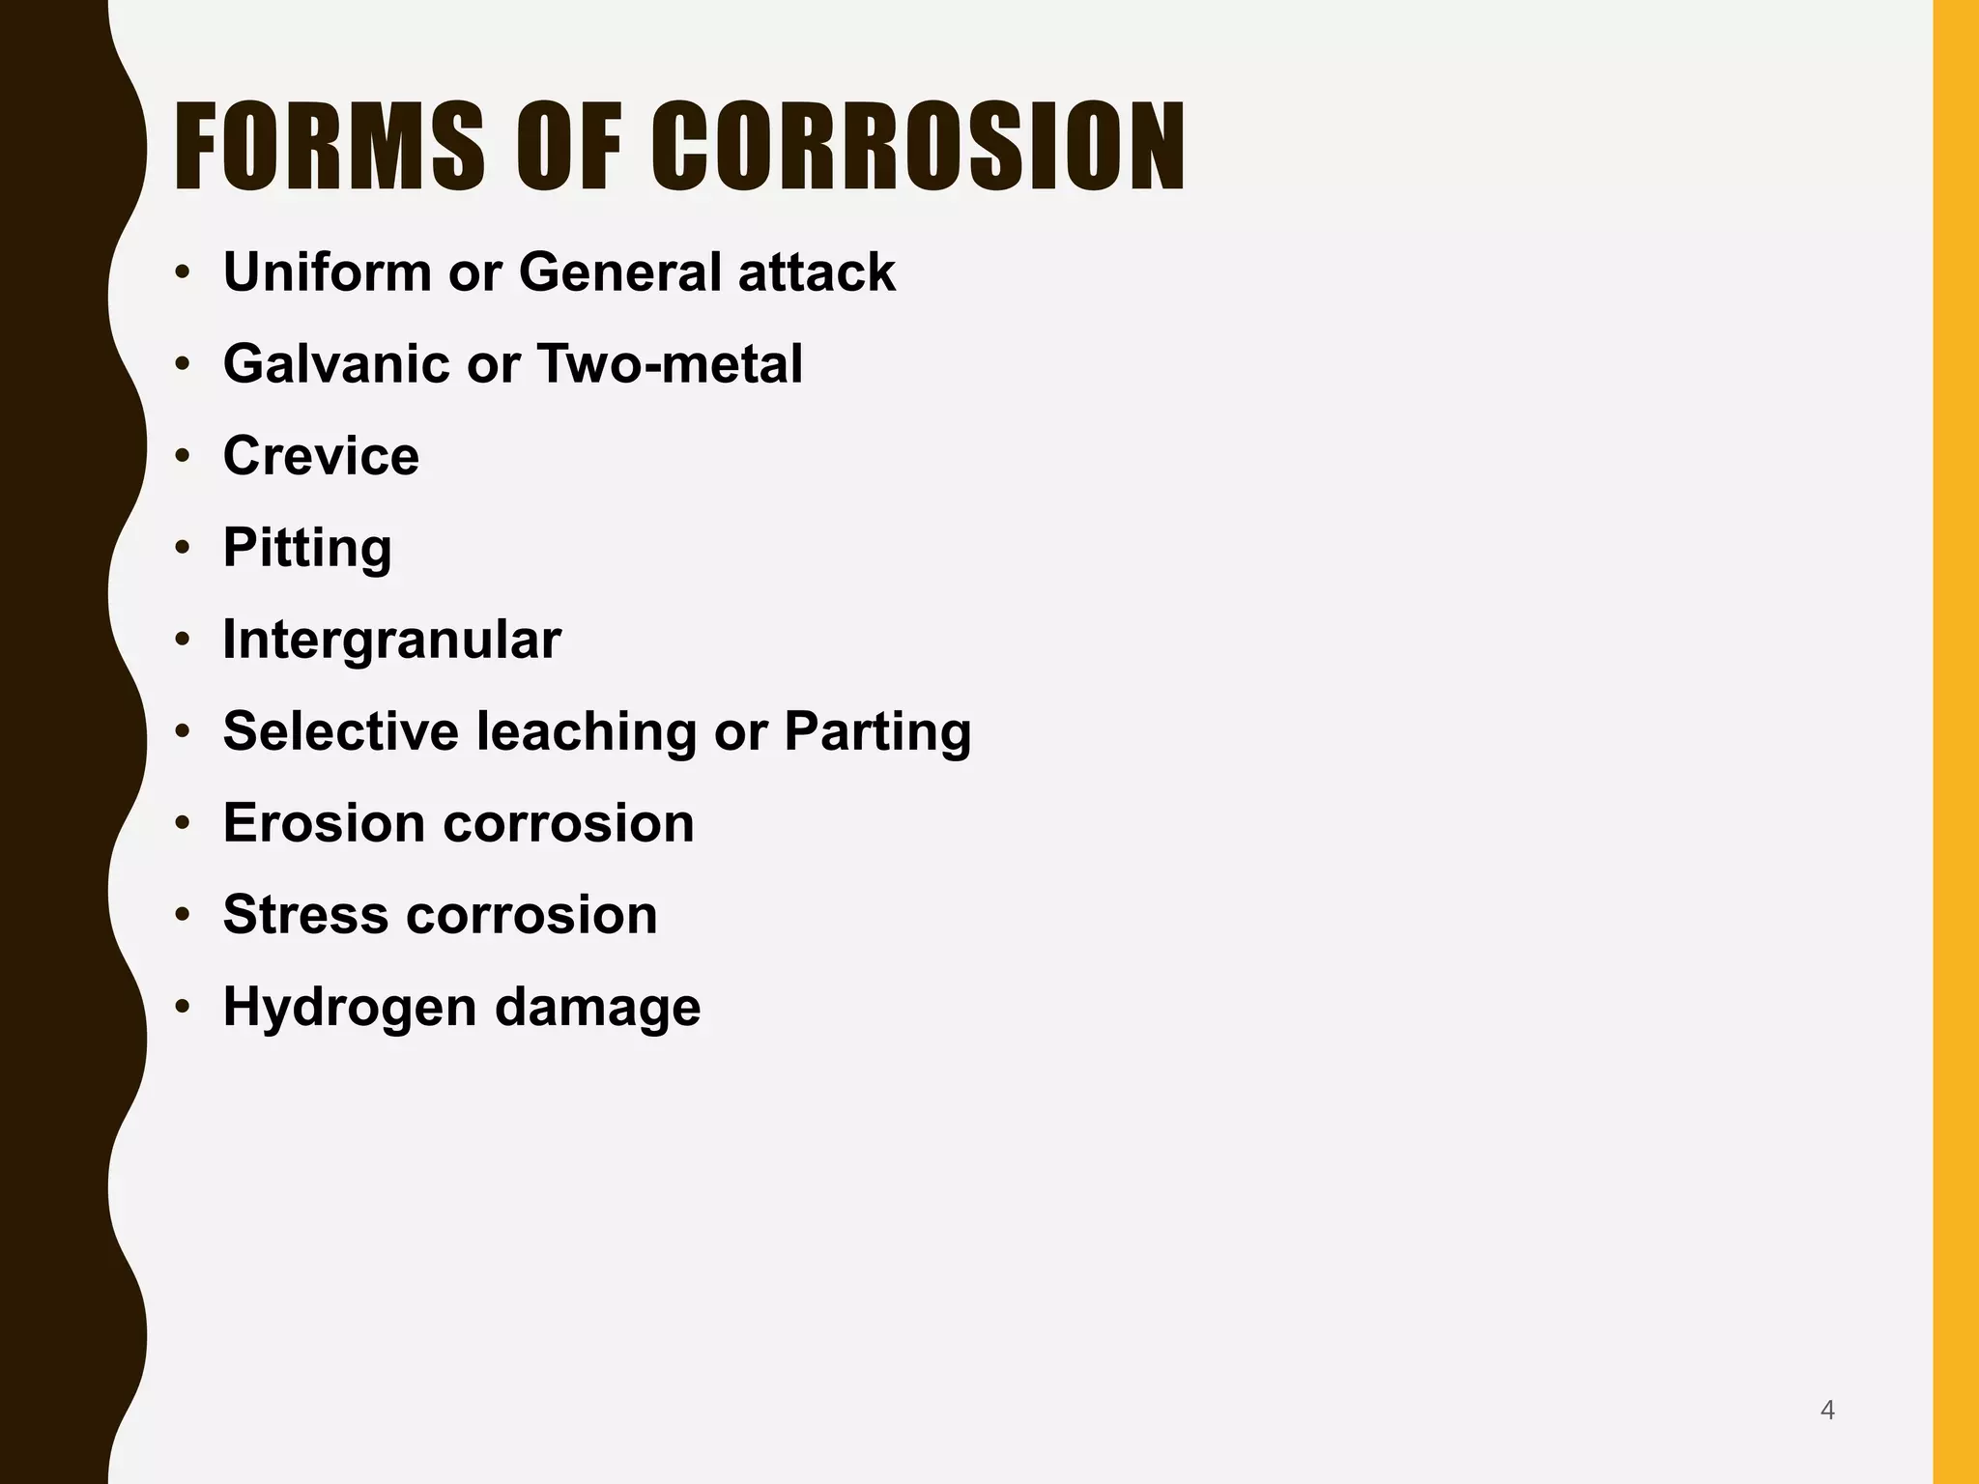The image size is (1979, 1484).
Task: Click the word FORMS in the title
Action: click(x=329, y=147)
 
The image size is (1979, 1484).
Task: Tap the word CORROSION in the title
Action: click(x=918, y=147)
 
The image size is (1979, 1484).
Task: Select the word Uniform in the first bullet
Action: click(x=327, y=272)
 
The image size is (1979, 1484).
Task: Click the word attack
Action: click(x=817, y=272)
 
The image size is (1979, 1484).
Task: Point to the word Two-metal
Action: click(x=669, y=364)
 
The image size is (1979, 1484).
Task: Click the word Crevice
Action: click(x=321, y=456)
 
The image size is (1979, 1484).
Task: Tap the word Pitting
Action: click(x=307, y=548)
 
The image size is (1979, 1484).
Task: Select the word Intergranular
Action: click(x=391, y=640)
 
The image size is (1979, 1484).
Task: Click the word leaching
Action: click(x=587, y=731)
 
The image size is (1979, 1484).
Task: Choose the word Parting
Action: click(x=877, y=731)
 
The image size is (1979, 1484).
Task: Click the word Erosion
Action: click(x=324, y=823)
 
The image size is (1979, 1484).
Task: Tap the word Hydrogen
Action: click(x=350, y=1008)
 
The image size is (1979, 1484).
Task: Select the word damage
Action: click(x=597, y=1008)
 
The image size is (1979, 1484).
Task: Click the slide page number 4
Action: click(x=1827, y=1411)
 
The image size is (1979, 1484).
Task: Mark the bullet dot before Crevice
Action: click(x=183, y=456)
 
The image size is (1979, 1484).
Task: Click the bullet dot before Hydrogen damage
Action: click(x=183, y=1008)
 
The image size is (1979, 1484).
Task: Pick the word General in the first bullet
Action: click(x=619, y=272)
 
